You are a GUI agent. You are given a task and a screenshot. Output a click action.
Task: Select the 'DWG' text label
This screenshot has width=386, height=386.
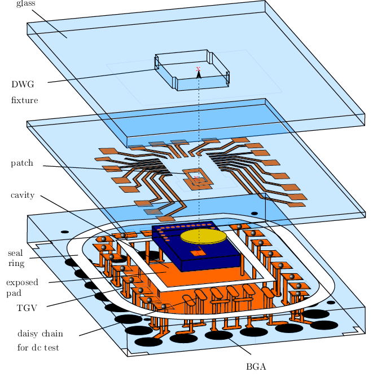coord(23,85)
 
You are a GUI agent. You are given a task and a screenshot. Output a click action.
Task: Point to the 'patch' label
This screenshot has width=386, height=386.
coord(22,163)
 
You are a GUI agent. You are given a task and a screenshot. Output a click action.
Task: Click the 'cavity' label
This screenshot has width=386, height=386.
coord(23,196)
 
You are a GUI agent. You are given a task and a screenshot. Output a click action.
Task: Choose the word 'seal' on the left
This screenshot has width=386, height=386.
coord(16,252)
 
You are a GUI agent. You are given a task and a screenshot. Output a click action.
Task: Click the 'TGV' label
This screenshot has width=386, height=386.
coord(27,308)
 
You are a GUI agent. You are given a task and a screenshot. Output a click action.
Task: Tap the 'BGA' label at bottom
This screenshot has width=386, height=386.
coord(256,367)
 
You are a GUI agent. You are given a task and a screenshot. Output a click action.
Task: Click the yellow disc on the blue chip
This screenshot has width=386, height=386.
coord(203,236)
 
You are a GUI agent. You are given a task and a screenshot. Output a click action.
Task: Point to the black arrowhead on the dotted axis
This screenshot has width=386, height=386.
coord(199,73)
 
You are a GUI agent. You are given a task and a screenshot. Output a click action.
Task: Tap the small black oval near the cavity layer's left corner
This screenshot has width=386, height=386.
coord(65,232)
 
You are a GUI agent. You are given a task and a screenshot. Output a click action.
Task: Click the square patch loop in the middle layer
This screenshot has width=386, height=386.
coord(198,178)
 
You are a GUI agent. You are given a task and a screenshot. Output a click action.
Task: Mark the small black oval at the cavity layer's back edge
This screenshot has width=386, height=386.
coord(255,214)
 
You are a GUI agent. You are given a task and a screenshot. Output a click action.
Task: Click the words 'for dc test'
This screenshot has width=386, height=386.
coord(38,348)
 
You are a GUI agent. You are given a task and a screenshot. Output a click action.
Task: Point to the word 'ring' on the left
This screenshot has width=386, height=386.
coord(15,263)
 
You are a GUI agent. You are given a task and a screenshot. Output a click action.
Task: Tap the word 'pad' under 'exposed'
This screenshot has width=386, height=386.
coord(13,294)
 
